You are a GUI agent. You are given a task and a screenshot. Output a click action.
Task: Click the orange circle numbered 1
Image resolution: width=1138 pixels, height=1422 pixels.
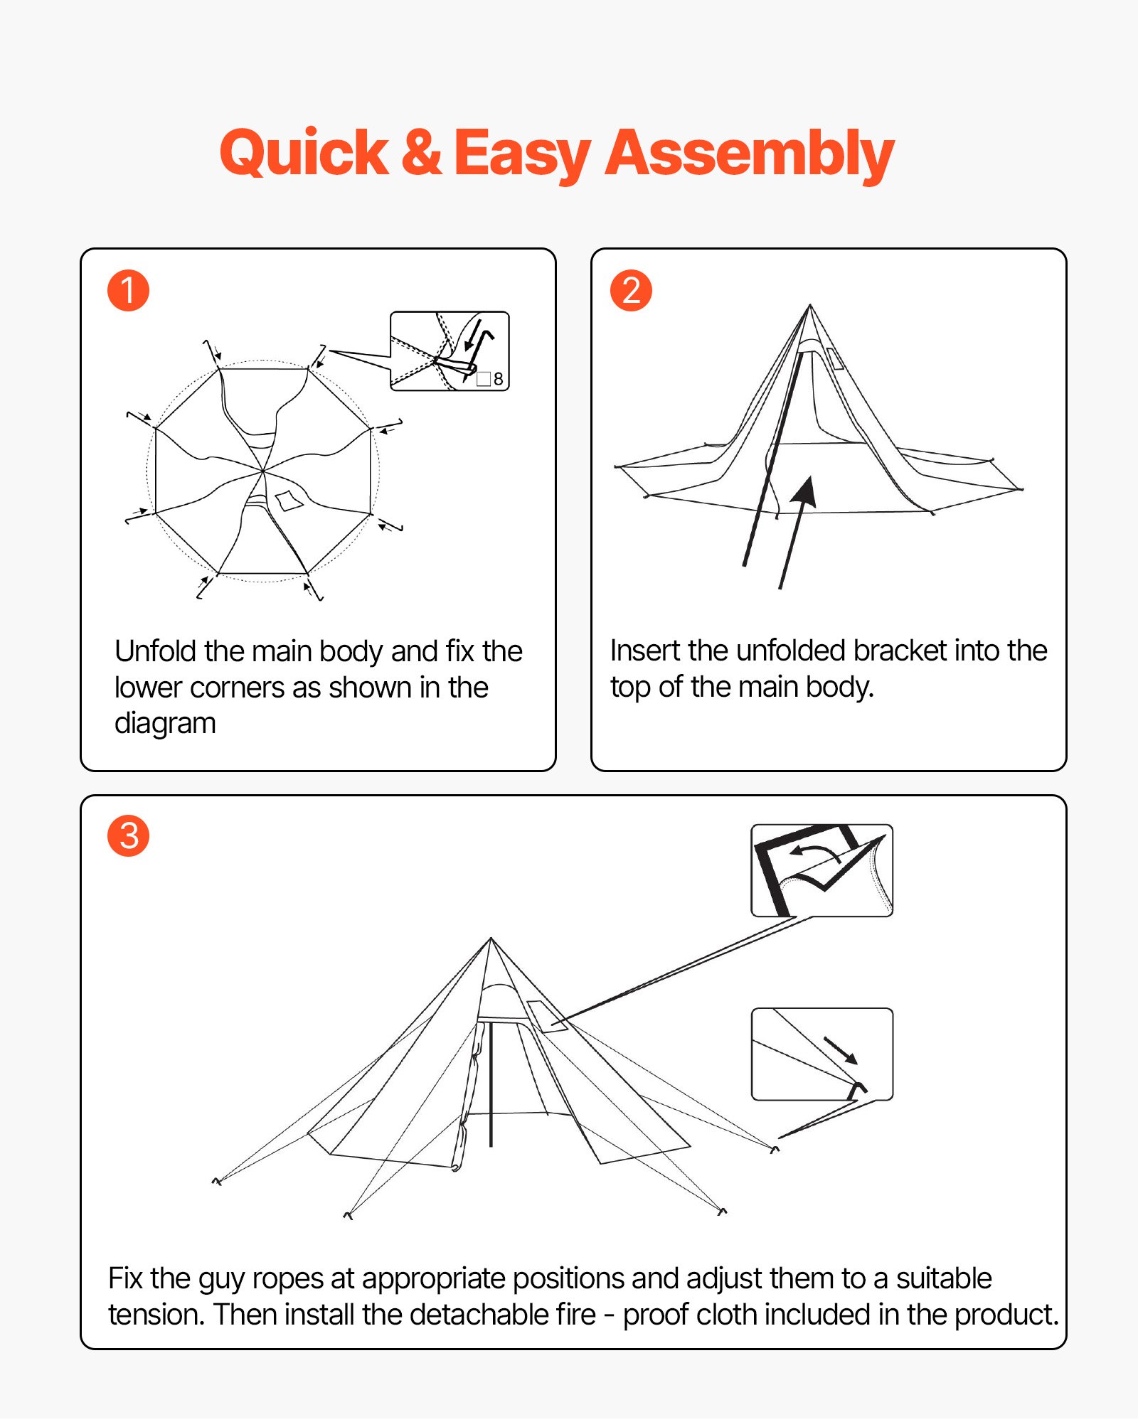pyautogui.click(x=128, y=290)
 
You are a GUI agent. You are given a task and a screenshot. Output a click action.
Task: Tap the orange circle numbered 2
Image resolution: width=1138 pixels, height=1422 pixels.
pyautogui.click(x=631, y=290)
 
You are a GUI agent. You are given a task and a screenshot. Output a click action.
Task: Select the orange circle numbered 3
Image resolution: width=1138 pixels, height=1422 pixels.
pyautogui.click(x=128, y=835)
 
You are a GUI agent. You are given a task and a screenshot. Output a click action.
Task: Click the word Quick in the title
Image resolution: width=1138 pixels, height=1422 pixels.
pyautogui.click(x=304, y=153)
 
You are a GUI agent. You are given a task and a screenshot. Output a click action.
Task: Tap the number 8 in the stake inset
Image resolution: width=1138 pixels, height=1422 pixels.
pyautogui.click(x=498, y=379)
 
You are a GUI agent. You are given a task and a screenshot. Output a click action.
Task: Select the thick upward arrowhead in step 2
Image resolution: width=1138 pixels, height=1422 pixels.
pyautogui.click(x=805, y=492)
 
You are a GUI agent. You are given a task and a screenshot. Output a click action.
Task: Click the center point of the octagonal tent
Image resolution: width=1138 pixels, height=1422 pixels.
pyautogui.click(x=263, y=471)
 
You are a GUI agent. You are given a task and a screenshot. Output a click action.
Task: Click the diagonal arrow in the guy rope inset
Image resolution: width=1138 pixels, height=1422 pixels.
pyautogui.click(x=841, y=1049)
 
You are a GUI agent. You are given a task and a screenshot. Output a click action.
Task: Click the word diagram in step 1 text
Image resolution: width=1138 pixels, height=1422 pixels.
pyautogui.click(x=165, y=724)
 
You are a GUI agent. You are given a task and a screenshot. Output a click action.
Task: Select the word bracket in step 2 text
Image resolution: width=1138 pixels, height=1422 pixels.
pyautogui.click(x=900, y=651)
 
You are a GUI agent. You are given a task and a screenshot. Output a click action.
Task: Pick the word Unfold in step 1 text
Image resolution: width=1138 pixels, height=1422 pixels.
pyautogui.click(x=155, y=651)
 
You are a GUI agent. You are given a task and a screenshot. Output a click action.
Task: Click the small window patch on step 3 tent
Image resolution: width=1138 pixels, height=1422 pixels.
pyautogui.click(x=546, y=1015)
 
